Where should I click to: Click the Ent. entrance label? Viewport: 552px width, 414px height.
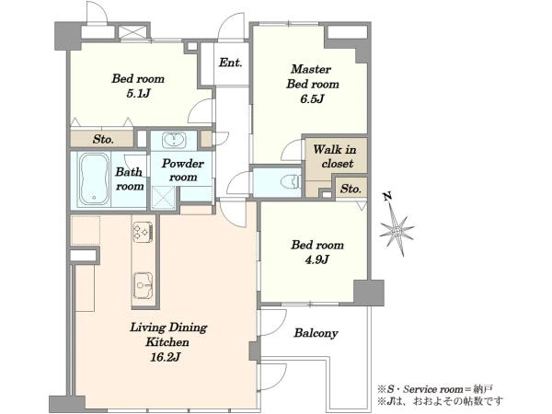(230, 63)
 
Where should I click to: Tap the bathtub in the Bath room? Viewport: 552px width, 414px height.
(94, 179)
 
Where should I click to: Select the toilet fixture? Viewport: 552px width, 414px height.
(291, 181)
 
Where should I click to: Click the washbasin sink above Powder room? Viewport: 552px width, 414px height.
(174, 141)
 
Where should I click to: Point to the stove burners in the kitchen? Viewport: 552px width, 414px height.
(143, 232)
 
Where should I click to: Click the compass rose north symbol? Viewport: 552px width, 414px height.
(397, 231)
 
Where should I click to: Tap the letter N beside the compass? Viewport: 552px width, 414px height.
(387, 197)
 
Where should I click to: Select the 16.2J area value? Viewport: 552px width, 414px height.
(165, 357)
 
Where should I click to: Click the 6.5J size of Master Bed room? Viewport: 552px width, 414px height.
(312, 99)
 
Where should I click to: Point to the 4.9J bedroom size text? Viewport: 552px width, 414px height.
(317, 259)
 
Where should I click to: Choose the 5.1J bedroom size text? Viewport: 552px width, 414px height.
(138, 93)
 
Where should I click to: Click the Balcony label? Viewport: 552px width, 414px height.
(316, 333)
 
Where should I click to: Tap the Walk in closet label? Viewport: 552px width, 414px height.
(335, 156)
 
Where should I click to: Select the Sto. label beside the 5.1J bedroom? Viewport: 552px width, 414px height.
(103, 140)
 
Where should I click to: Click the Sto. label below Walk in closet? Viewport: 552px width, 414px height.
(351, 189)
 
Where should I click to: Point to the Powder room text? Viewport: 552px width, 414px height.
(183, 170)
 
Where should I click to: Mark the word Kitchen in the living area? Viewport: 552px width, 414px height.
(167, 342)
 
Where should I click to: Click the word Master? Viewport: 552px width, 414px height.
(311, 69)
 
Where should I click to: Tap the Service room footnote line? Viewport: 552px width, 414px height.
(435, 389)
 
